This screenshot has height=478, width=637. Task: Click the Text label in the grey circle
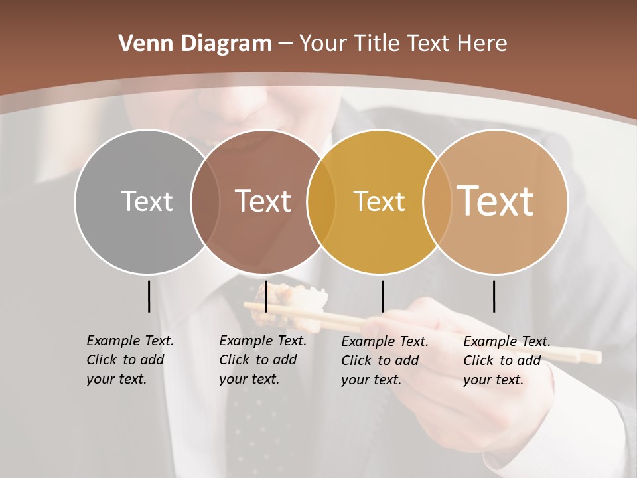[x=147, y=201]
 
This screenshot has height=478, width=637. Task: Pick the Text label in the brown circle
[x=263, y=201]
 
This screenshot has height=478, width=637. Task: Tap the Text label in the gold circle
[x=379, y=201]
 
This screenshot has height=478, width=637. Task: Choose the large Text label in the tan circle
[x=496, y=200]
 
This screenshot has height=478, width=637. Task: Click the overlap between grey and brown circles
[x=205, y=202]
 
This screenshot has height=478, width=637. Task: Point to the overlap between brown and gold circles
[x=321, y=202]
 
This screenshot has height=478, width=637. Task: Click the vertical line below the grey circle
[x=149, y=296]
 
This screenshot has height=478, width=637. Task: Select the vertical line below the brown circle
[x=265, y=296]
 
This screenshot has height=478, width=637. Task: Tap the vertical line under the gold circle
[x=382, y=296]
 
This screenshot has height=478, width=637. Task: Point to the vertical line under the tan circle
[x=494, y=296]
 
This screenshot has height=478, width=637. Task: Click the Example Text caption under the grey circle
[x=129, y=360]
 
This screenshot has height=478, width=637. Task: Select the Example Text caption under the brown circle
[x=262, y=360]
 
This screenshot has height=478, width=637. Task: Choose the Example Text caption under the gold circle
[x=384, y=360]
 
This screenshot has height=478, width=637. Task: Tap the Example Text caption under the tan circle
[x=506, y=360]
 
